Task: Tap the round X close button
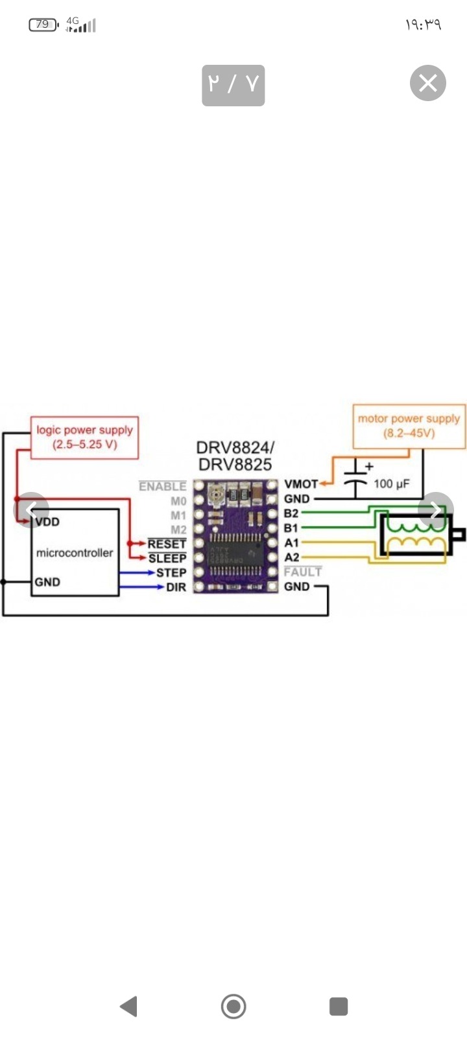(428, 84)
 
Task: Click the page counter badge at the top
(233, 85)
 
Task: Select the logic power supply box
(85, 437)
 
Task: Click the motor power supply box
(409, 426)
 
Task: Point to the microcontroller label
(75, 553)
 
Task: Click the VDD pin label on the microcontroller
(47, 522)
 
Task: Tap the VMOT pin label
(300, 484)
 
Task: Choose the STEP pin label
(171, 573)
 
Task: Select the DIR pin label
(176, 587)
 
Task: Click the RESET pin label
(167, 544)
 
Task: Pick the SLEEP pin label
(167, 558)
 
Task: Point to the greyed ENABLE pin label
(162, 487)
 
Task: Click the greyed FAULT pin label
(303, 572)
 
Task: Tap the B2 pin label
(291, 513)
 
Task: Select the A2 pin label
(292, 557)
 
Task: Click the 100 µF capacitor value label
(392, 484)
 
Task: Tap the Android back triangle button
(129, 1007)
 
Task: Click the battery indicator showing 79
(43, 25)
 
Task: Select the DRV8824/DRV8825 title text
(235, 456)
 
